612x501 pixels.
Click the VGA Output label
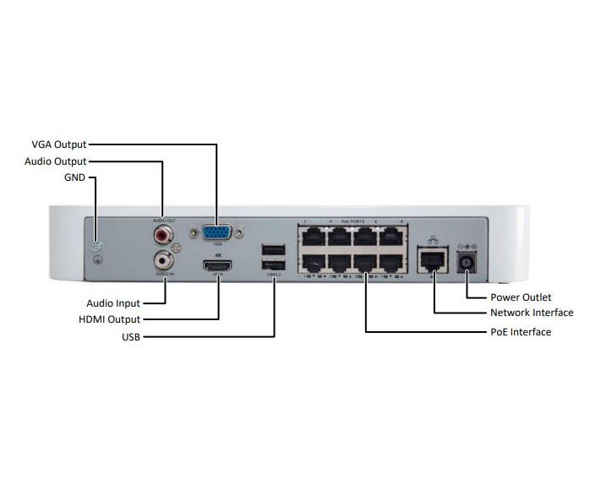click(58, 144)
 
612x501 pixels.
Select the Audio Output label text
click(56, 161)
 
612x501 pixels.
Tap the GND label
click(74, 178)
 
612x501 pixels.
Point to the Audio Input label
click(113, 302)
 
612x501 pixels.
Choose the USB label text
click(131, 337)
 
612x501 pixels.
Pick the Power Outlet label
click(521, 297)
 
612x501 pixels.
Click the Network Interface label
click(532, 313)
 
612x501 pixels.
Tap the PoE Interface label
click(521, 332)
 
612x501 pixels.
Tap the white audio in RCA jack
click(164, 261)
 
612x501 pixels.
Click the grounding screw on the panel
click(97, 247)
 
